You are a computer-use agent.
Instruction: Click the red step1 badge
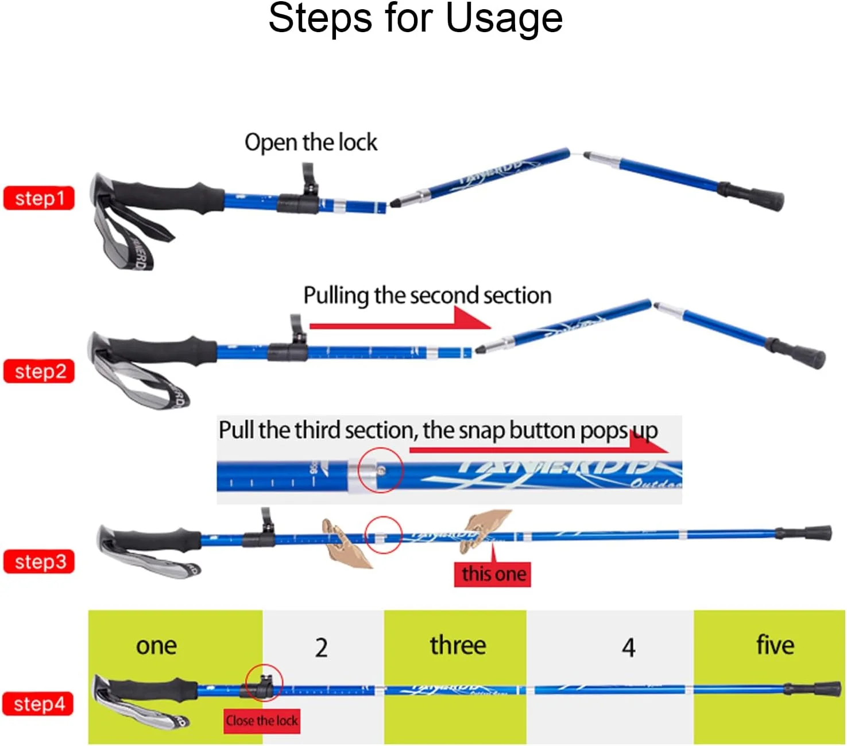pyautogui.click(x=39, y=198)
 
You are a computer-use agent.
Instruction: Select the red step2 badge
pyautogui.click(x=39, y=372)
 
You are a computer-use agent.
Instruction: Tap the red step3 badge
pyautogui.click(x=39, y=562)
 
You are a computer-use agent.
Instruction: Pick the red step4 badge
pyautogui.click(x=38, y=704)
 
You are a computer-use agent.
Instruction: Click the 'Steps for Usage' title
pyautogui.click(x=415, y=18)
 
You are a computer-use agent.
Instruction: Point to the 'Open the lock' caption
pyautogui.click(x=311, y=142)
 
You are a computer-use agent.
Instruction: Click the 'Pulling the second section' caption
pyautogui.click(x=427, y=296)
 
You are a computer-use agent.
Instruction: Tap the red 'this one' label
pyautogui.click(x=493, y=574)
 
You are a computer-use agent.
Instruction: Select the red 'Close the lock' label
pyautogui.click(x=262, y=721)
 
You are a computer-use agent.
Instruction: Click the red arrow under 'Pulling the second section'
pyautogui.click(x=402, y=324)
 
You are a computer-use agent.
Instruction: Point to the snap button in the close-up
pyautogui.click(x=381, y=471)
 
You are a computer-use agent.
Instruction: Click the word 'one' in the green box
pyautogui.click(x=156, y=646)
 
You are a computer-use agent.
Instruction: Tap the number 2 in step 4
pyautogui.click(x=322, y=648)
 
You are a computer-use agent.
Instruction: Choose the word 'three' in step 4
pyautogui.click(x=458, y=645)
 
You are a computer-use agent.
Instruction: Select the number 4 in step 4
pyautogui.click(x=628, y=648)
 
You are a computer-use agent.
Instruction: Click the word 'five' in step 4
pyautogui.click(x=775, y=645)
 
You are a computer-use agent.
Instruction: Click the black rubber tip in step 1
pyautogui.click(x=769, y=200)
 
